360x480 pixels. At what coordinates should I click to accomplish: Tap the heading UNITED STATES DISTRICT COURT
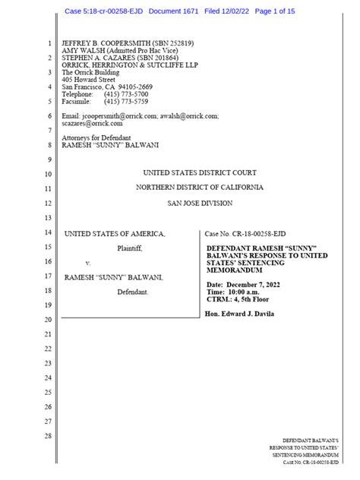pyautogui.click(x=200, y=172)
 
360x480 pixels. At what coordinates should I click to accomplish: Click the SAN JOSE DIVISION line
pyautogui.click(x=200, y=203)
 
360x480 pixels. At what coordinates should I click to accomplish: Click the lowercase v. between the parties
pyautogui.click(x=87, y=263)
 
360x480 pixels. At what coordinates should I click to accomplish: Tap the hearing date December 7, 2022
pyautogui.click(x=258, y=283)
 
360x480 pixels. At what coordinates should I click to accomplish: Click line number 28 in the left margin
pyautogui.click(x=48, y=435)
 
